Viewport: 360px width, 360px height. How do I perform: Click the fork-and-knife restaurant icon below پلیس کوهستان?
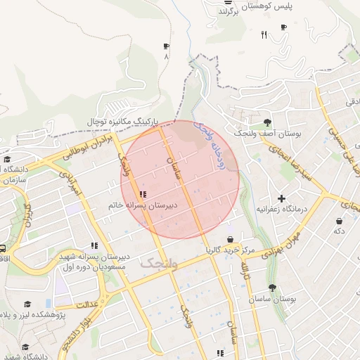264,34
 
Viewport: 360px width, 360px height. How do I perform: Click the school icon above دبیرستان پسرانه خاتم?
143,194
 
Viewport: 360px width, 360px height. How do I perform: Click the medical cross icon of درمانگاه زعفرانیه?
282,199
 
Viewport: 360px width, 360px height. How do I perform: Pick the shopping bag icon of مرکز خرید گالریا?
230,240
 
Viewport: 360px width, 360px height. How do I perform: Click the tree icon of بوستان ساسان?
272,288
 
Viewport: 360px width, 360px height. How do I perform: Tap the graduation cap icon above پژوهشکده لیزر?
27,304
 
